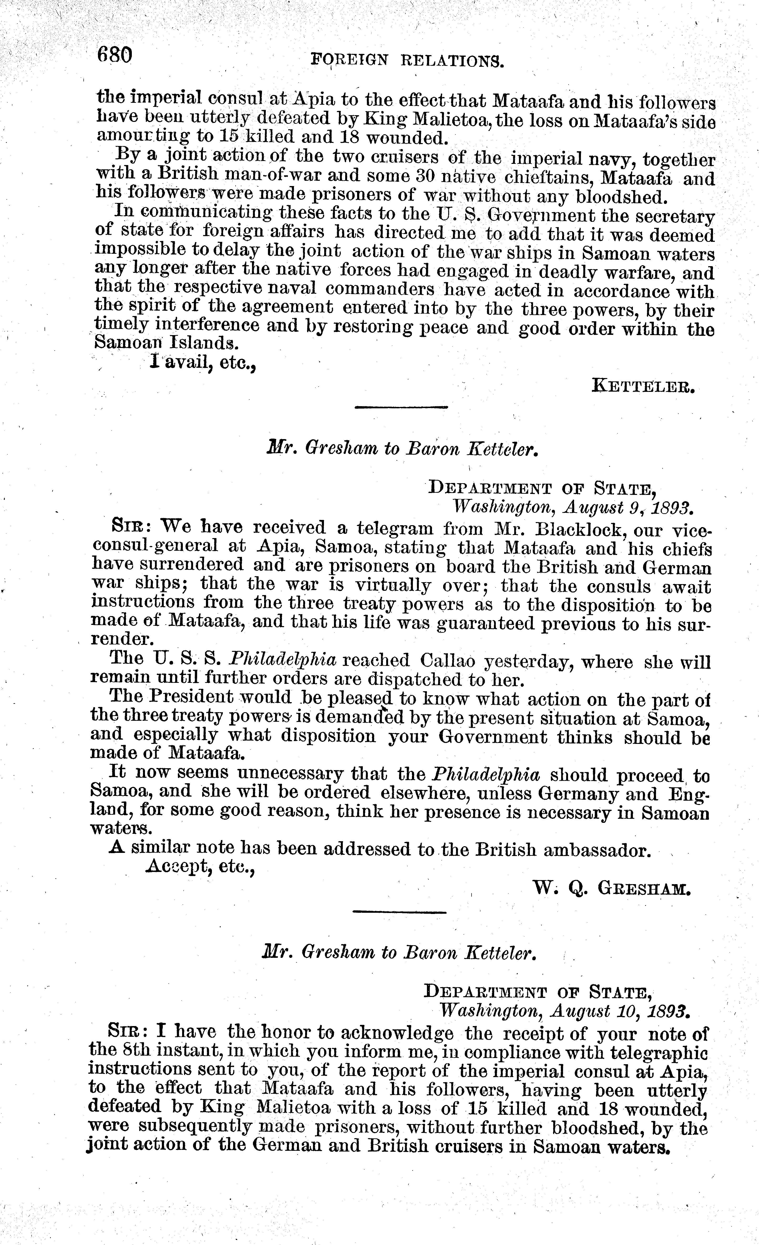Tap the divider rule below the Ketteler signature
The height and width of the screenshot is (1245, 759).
pos(401,407)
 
